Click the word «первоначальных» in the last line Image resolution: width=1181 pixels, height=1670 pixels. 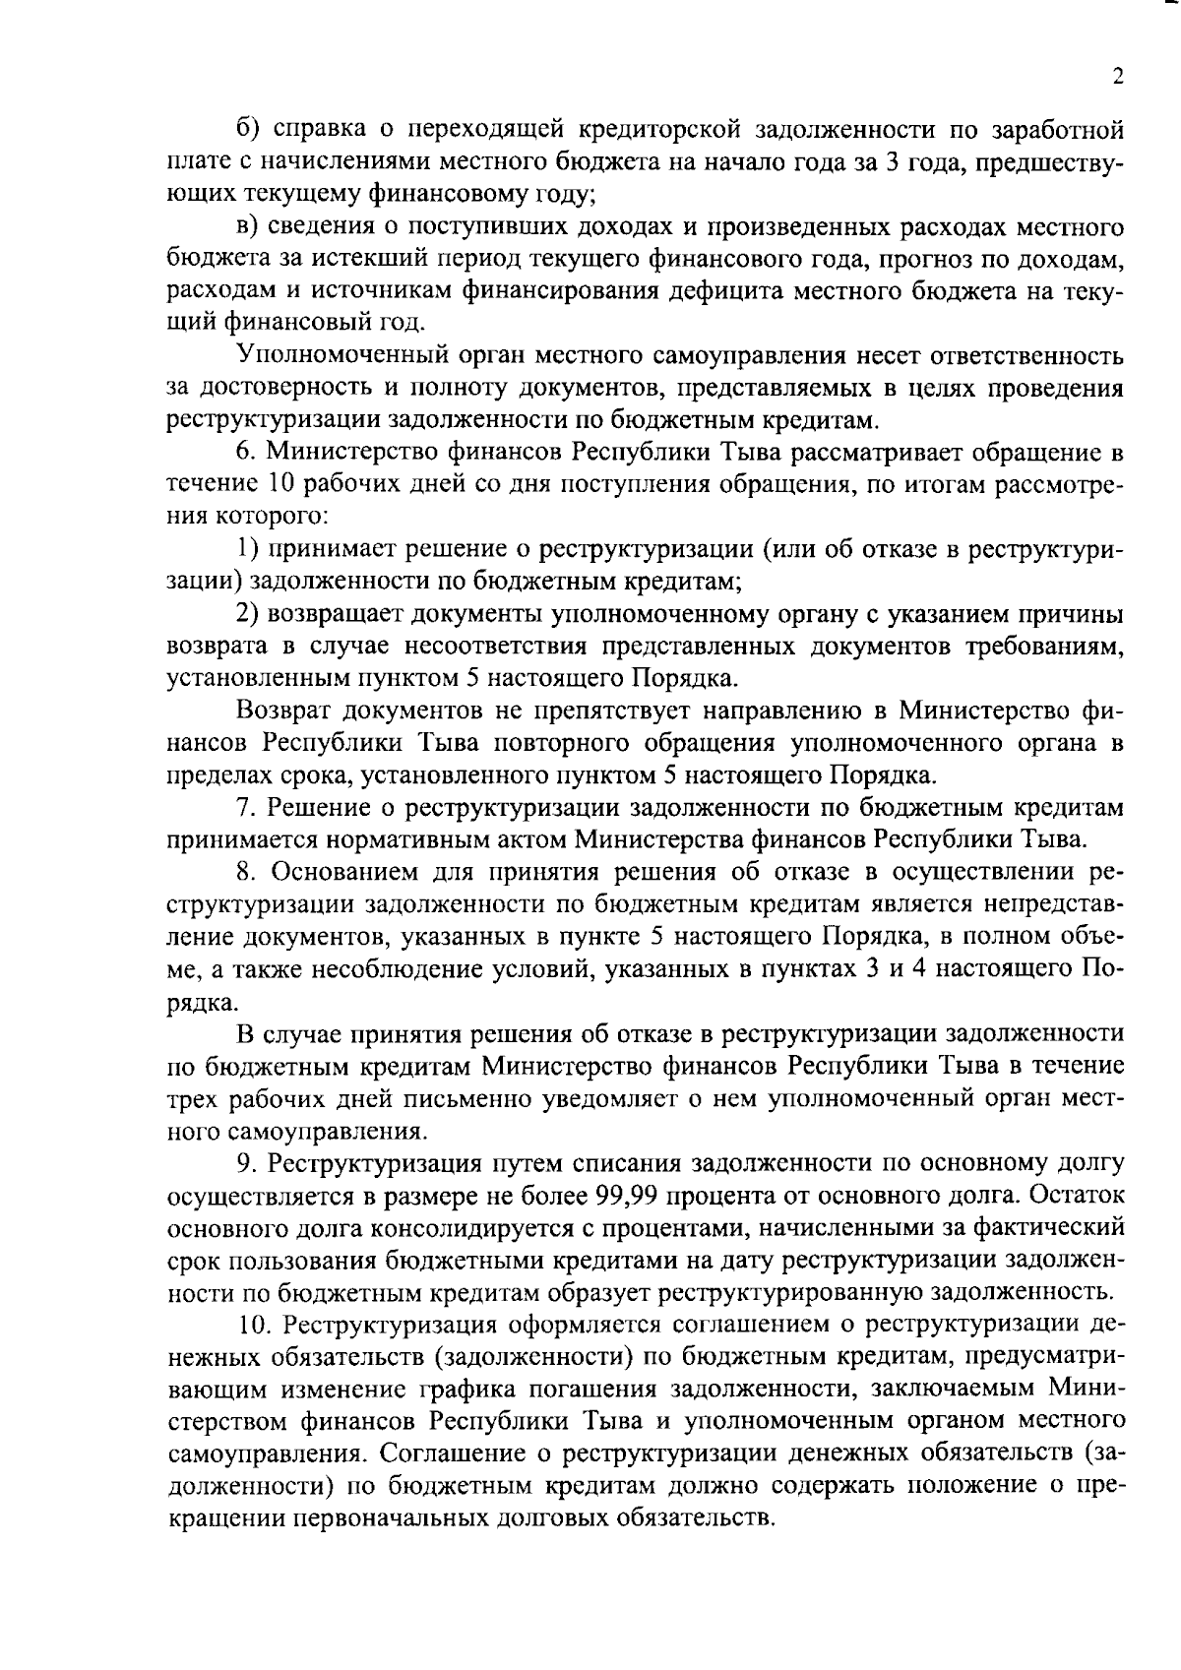[x=399, y=1516]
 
